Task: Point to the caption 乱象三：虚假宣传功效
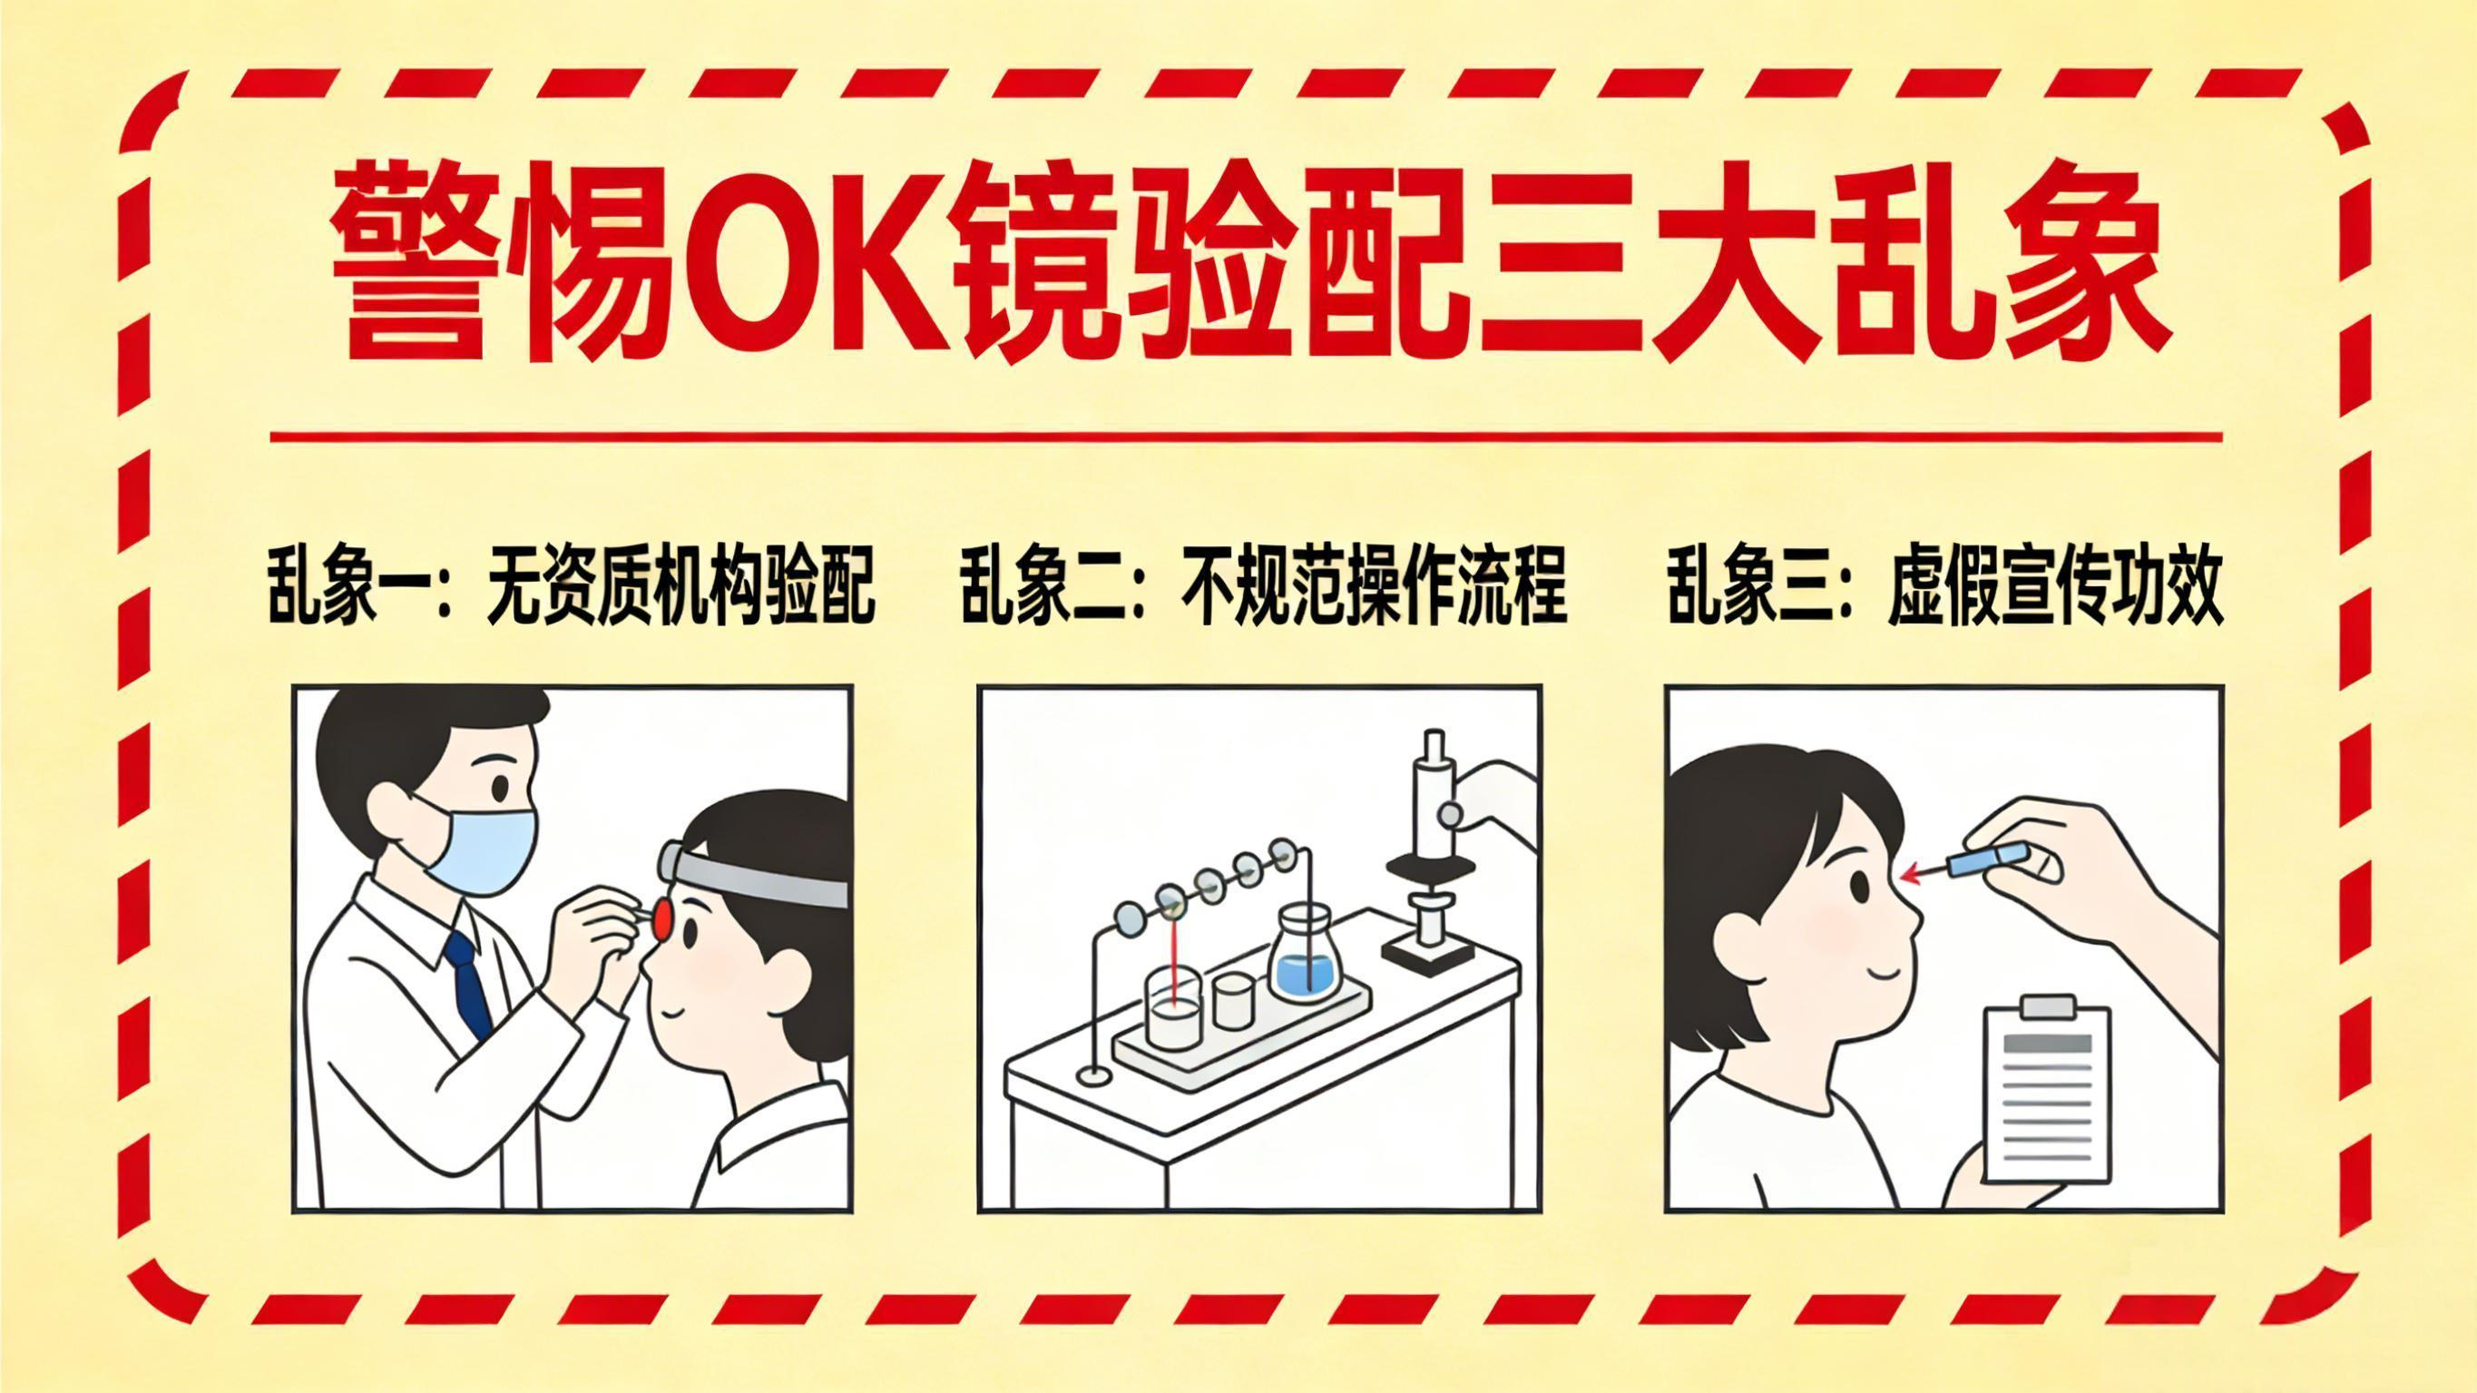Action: pos(1944,586)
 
